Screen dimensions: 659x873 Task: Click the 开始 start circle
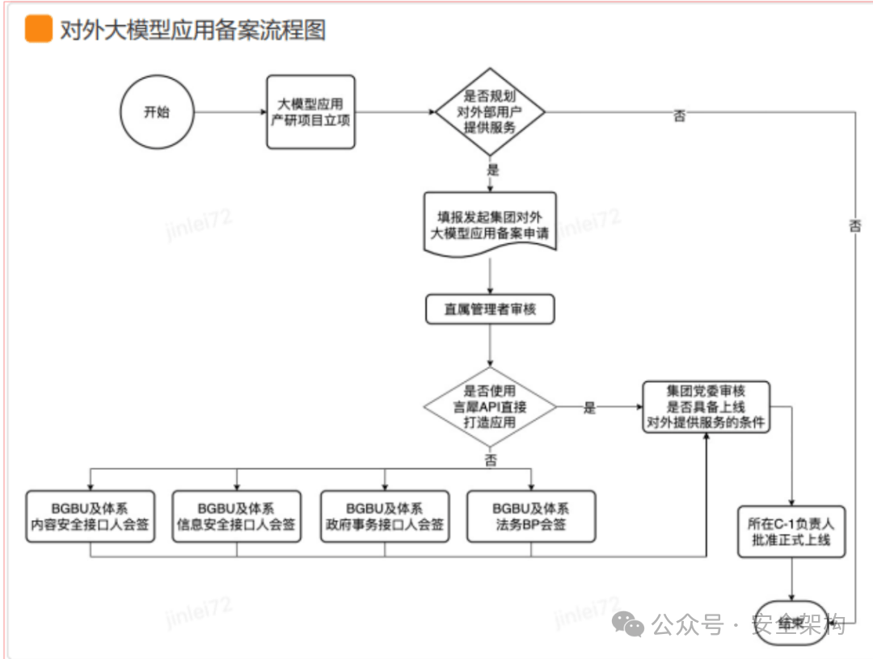tap(157, 112)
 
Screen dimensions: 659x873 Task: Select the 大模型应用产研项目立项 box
tap(311, 112)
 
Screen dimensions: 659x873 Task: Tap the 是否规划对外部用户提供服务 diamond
tap(491, 112)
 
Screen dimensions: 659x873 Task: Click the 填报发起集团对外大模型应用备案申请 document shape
tap(491, 225)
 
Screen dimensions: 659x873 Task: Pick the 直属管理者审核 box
tap(491, 309)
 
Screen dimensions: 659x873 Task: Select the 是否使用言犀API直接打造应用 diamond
tap(491, 407)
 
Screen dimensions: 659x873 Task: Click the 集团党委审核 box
tap(706, 407)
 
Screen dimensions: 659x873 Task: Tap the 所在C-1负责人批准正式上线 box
tap(792, 531)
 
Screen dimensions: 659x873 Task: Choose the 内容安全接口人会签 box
tap(90, 516)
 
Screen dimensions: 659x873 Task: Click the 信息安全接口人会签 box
tap(237, 516)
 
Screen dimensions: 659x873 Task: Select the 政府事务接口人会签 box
tap(385, 516)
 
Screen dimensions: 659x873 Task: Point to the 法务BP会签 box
tap(531, 516)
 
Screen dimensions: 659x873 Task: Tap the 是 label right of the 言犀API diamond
tap(589, 408)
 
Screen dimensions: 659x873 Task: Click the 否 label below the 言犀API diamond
tap(491, 460)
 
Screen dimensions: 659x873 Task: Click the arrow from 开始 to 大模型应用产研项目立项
tap(230, 112)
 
